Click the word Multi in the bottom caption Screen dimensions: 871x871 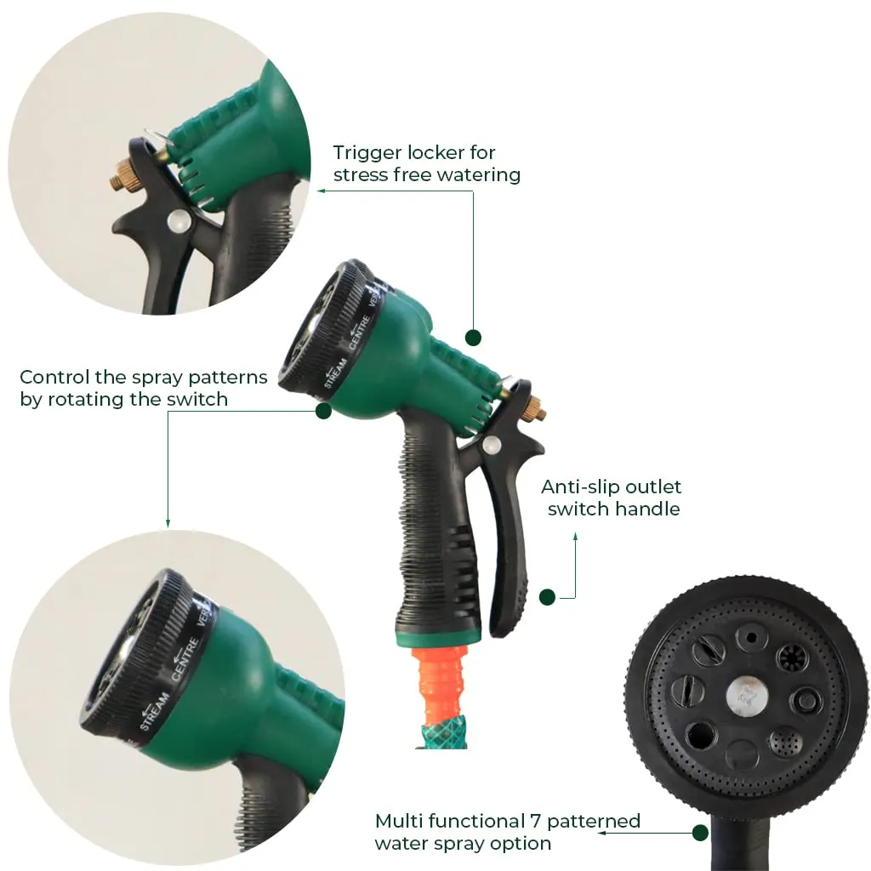click(x=402, y=822)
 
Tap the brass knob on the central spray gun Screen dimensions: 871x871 click(x=533, y=409)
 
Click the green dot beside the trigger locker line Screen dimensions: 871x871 click(x=474, y=338)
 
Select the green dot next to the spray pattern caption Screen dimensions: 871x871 click(x=323, y=411)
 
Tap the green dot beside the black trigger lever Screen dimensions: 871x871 click(x=547, y=597)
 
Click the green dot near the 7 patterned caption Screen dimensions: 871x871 click(x=700, y=833)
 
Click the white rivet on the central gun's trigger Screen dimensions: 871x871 click(x=490, y=443)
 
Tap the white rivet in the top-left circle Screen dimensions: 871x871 click(x=178, y=223)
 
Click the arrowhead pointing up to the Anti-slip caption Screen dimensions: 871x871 click(x=576, y=536)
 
